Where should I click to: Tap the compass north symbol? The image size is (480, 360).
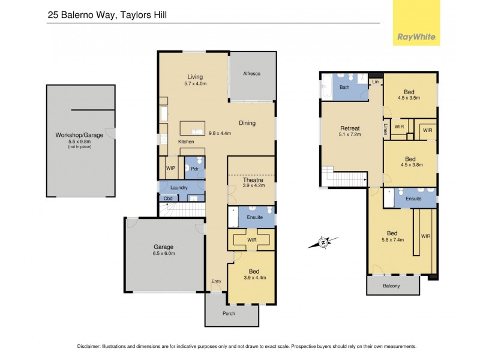click(323, 242)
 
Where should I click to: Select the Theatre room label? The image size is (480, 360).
click(253, 180)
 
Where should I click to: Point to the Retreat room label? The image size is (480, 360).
click(350, 128)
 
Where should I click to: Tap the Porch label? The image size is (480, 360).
click(228, 313)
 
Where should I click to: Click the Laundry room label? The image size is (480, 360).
click(179, 188)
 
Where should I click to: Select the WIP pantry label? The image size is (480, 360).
click(170, 169)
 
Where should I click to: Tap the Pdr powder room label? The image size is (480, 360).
click(194, 169)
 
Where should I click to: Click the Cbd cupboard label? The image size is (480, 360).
click(169, 198)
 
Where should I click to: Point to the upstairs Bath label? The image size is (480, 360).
click(344, 88)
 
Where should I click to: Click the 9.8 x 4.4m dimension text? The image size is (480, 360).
click(220, 133)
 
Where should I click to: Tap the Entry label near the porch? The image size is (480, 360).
click(216, 281)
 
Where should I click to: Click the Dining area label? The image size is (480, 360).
click(247, 123)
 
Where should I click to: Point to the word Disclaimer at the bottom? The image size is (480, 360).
click(92, 347)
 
